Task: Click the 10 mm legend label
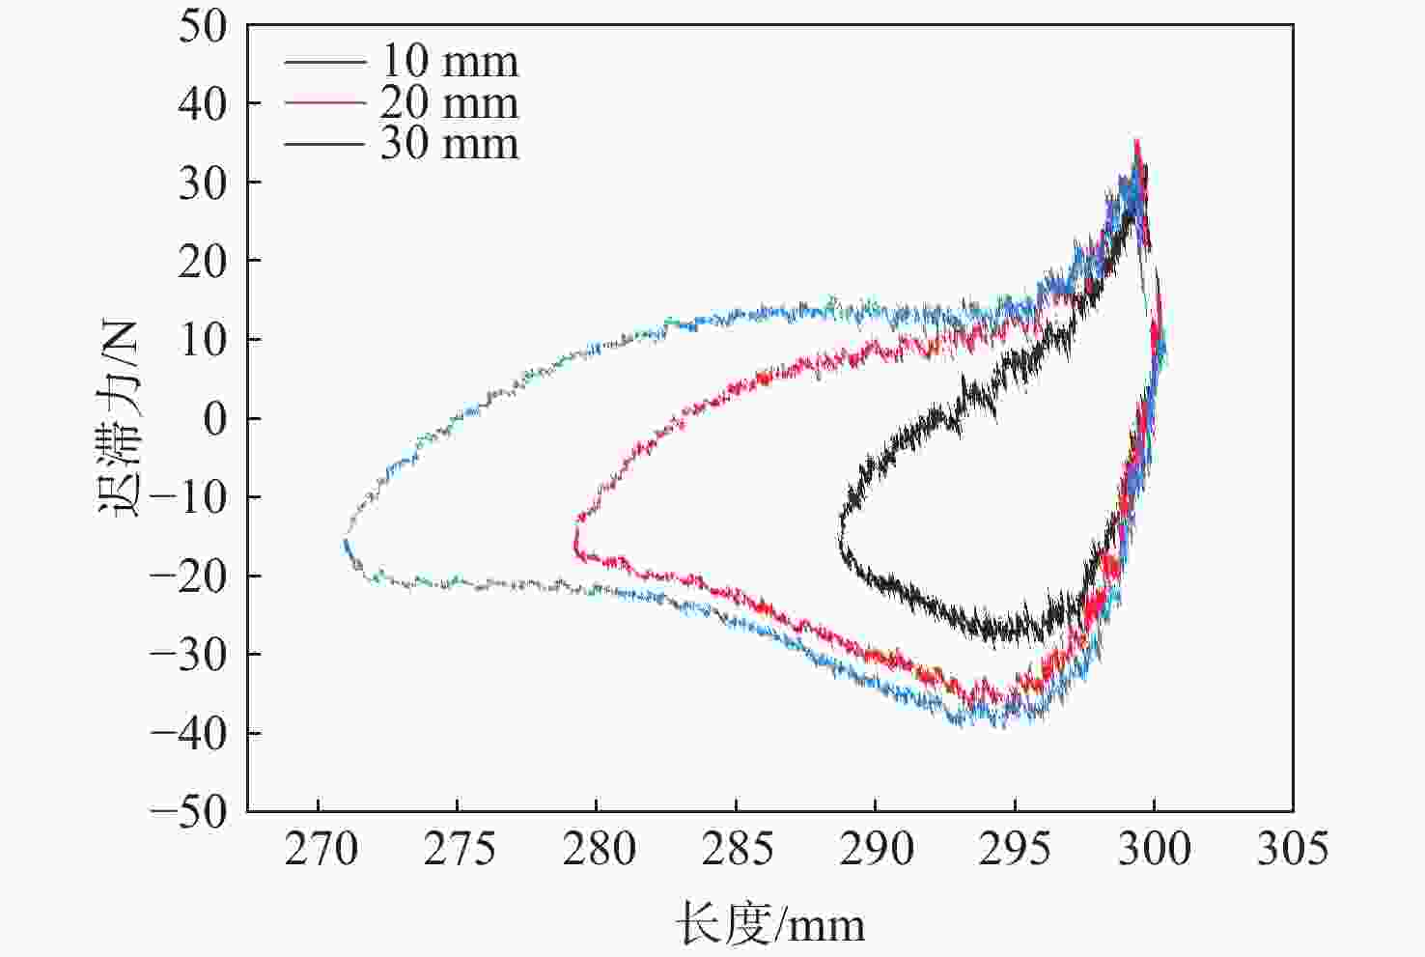coord(449,61)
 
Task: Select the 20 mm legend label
coord(449,102)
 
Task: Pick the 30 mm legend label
coord(449,144)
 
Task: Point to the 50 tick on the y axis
coord(203,25)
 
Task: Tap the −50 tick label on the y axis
coord(189,810)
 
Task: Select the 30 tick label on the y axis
coord(203,183)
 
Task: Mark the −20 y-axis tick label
coord(189,576)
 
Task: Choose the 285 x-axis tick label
coord(737,850)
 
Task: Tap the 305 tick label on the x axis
coord(1293,850)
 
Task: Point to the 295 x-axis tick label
coord(1015,850)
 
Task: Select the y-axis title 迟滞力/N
coord(120,417)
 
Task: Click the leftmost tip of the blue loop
coord(346,541)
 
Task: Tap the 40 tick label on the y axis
coord(203,103)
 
